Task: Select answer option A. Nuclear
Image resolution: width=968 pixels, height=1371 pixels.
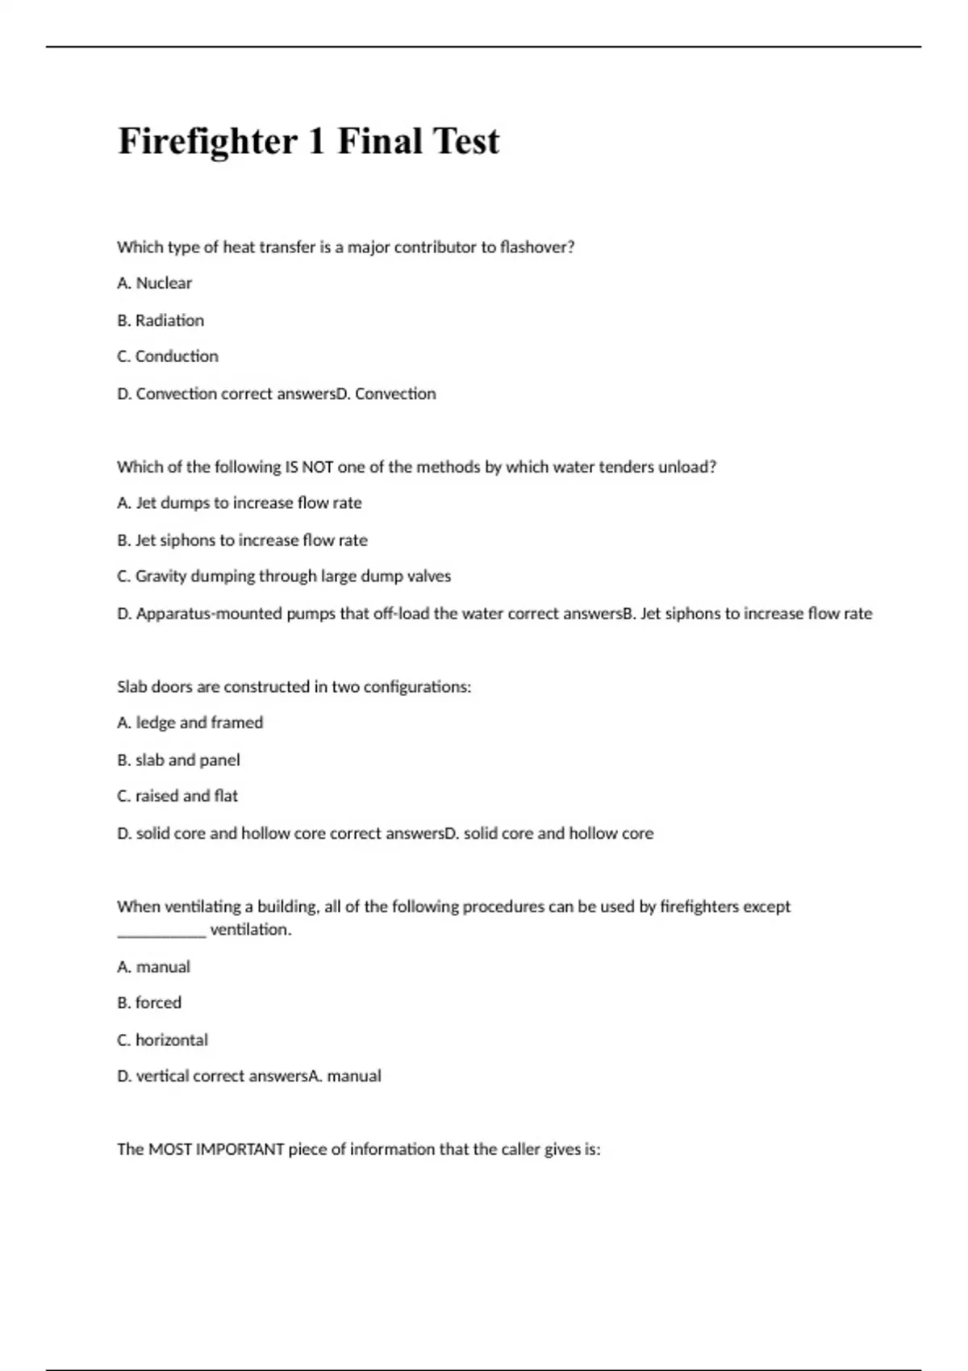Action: (155, 283)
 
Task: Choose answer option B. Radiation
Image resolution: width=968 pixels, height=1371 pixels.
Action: (161, 320)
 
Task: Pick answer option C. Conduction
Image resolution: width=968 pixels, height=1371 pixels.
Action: (168, 356)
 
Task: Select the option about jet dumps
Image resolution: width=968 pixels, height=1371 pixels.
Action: (240, 503)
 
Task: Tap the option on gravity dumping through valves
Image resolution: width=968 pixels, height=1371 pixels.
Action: (284, 577)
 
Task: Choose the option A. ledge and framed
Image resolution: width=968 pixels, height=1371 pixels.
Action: (190, 723)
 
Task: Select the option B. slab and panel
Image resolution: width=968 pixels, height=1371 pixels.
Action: (178, 760)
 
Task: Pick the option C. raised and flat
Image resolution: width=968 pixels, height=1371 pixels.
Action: (177, 796)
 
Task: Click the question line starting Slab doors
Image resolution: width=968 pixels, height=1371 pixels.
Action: (294, 687)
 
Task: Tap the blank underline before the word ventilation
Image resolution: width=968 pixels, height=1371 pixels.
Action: (161, 931)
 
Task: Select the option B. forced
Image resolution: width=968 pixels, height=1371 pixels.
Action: (149, 1002)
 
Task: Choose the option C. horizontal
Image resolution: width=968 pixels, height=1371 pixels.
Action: (162, 1040)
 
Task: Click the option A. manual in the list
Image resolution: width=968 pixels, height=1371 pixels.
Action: (153, 966)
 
